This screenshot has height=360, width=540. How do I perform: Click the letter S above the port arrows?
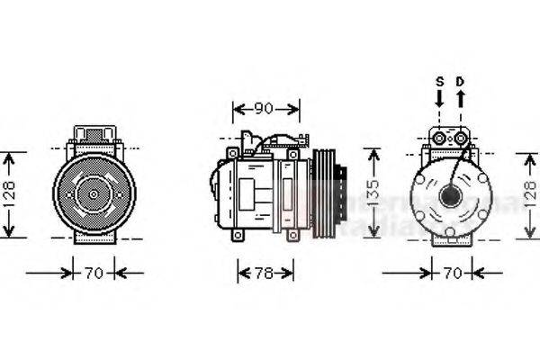(440, 81)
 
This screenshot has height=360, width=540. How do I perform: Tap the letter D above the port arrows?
(460, 81)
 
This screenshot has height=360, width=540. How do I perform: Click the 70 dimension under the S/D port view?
(452, 271)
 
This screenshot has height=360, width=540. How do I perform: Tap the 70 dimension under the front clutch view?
(94, 271)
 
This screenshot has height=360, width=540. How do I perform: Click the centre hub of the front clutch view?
(94, 193)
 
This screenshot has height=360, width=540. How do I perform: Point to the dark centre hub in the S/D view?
(448, 195)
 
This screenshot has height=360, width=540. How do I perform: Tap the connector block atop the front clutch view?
(94, 138)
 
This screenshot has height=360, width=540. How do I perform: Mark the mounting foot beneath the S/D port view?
(449, 238)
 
